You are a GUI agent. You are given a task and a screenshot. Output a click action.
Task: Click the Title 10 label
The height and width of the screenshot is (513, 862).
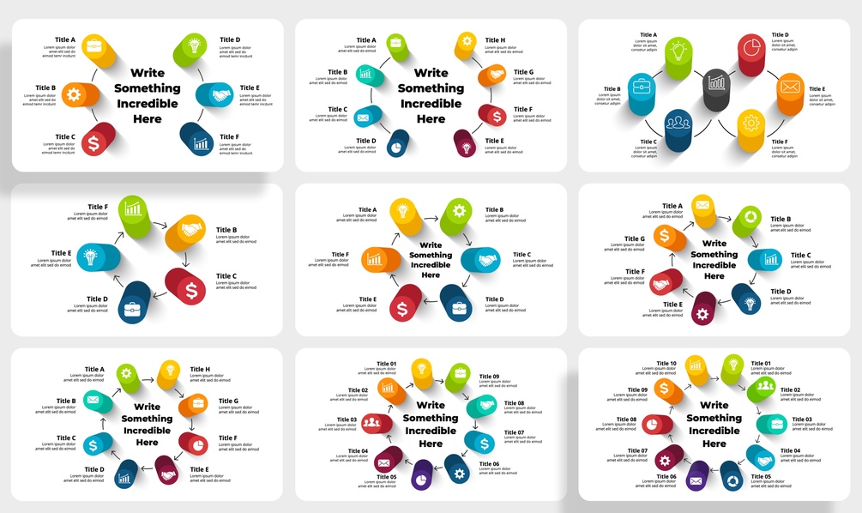pyautogui.click(x=666, y=364)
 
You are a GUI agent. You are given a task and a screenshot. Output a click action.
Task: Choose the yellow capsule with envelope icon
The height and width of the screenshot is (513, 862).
pyautogui.click(x=702, y=206)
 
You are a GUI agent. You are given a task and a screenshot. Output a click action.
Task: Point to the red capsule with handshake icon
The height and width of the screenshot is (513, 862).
pyautogui.click(x=664, y=281)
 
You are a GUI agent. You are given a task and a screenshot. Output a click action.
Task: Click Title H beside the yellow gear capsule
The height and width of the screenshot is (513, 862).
pyautogui.click(x=495, y=40)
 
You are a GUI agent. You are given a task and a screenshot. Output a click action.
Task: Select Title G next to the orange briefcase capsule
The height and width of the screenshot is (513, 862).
pyautogui.click(x=229, y=401)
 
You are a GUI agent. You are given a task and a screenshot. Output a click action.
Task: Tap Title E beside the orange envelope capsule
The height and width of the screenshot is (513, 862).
pyautogui.click(x=817, y=89)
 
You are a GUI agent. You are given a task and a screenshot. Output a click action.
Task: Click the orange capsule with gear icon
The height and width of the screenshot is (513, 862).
pyautogui.click(x=72, y=95)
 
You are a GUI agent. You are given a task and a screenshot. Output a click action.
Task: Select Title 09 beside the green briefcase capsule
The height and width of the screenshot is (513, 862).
pyautogui.click(x=489, y=377)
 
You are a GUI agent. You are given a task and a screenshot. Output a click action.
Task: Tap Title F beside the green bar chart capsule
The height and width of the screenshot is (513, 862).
pyautogui.click(x=98, y=207)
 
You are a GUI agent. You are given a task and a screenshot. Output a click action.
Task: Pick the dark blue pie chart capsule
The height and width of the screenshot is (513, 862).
pyautogui.click(x=398, y=145)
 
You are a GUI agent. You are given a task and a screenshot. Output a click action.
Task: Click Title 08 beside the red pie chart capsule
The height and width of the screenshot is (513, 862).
pyautogui.click(x=627, y=419)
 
